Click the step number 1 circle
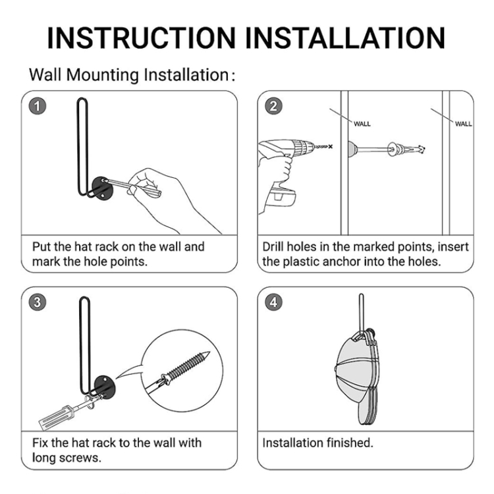tap(38, 106)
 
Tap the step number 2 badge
tap(273, 106)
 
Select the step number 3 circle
tap(38, 302)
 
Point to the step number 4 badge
tap(273, 302)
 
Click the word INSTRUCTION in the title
tap(142, 38)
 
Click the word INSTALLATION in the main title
tap(345, 38)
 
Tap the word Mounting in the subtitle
tap(102, 76)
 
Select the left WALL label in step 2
tap(362, 124)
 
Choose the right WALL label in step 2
tap(464, 124)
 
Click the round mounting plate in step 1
tap(103, 188)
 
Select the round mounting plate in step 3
tap(105, 387)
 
